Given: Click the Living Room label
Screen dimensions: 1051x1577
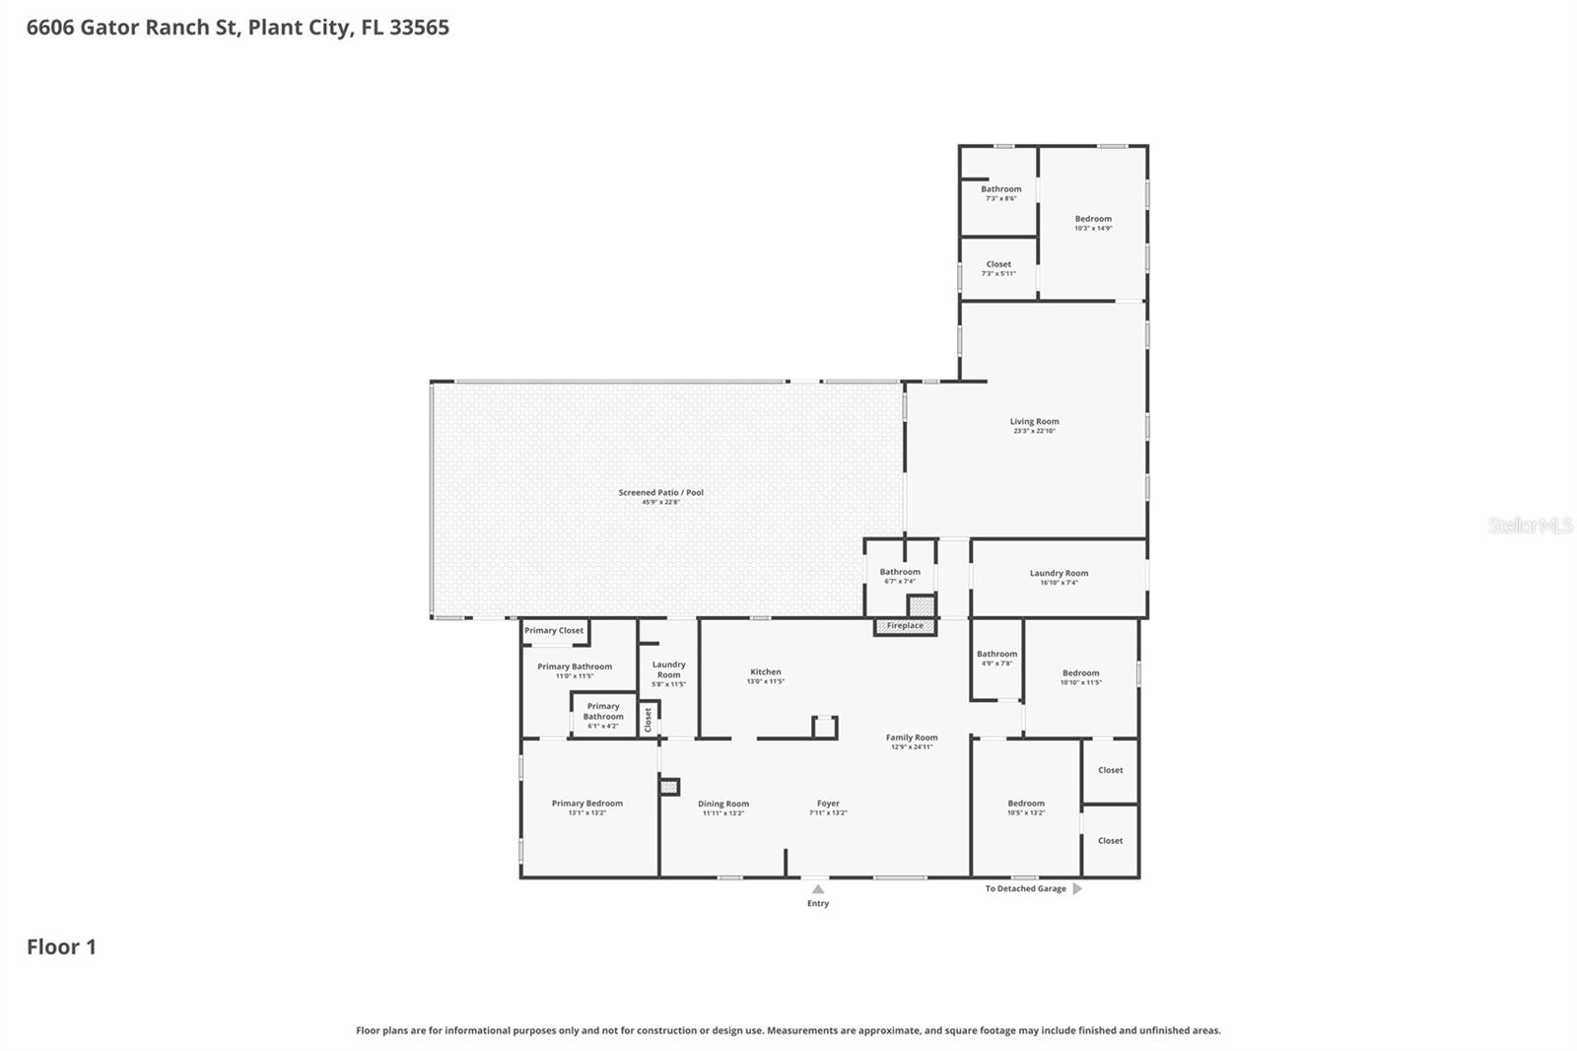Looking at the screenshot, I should tap(1034, 422).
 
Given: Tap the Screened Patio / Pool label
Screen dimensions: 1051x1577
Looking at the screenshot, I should tap(660, 493).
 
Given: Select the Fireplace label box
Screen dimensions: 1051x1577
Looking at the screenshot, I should tap(905, 626).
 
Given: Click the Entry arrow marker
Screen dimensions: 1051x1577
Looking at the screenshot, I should tap(817, 889).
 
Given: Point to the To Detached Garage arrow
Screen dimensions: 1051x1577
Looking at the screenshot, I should tap(1077, 888).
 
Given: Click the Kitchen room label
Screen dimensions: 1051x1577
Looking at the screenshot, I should tap(765, 672).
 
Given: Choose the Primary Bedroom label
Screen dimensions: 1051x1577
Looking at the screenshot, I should tap(586, 804).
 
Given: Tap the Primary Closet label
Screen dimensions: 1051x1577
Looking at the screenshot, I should tap(554, 631).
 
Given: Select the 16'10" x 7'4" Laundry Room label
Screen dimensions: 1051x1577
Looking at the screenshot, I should tap(1059, 574).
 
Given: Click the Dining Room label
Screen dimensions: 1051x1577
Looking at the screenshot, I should tap(722, 805).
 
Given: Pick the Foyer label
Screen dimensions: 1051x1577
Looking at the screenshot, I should tap(828, 804).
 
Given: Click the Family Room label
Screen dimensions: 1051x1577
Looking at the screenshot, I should tap(912, 737).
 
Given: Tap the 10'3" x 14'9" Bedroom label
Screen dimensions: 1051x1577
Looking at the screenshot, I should tap(1093, 219).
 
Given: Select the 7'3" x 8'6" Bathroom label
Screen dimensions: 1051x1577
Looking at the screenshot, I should tap(1000, 189).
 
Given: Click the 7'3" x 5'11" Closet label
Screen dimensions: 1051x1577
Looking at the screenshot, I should tap(998, 265).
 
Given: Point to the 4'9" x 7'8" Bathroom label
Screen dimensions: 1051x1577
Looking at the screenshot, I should tap(996, 655).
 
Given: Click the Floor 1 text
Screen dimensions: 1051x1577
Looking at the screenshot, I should tap(61, 946).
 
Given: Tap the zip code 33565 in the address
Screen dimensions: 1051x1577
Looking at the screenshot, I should tap(419, 28).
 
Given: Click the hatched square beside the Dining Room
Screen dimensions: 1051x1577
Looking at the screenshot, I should tap(669, 787).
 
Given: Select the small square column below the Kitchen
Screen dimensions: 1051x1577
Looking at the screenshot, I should tap(824, 728).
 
